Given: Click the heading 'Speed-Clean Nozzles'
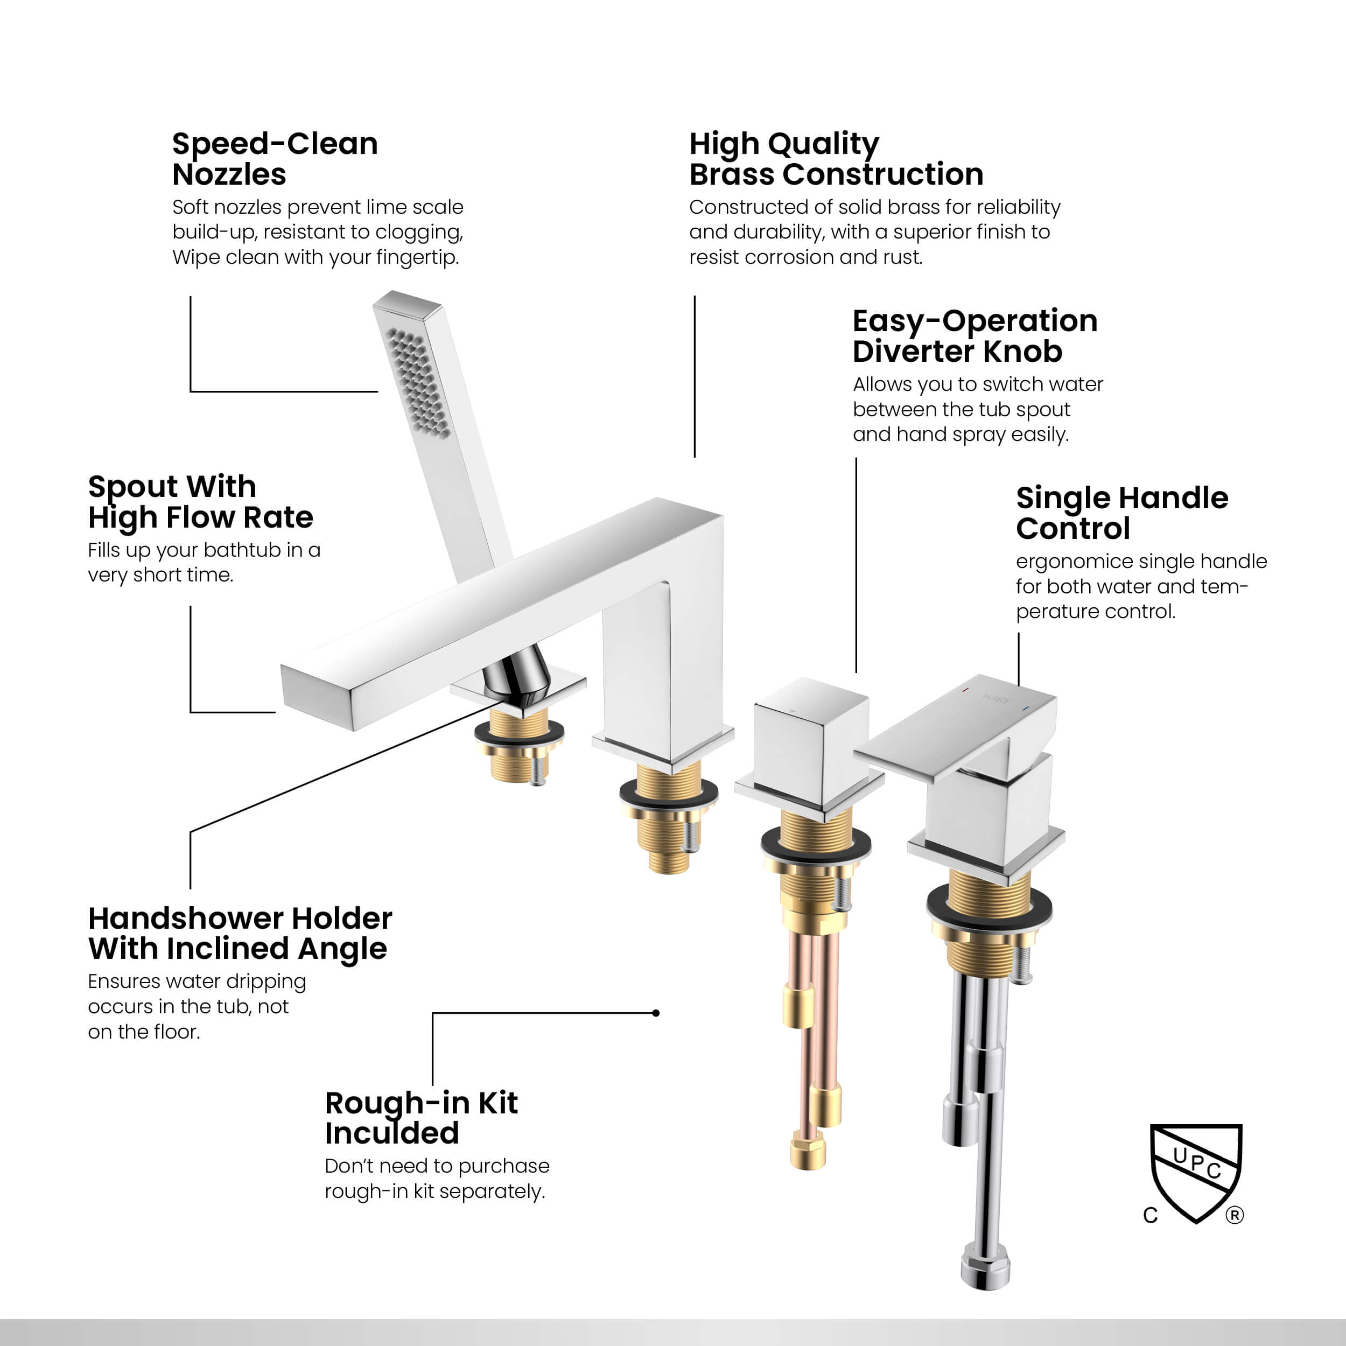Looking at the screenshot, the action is pyautogui.click(x=275, y=159).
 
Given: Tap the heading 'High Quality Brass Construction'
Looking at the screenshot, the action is pyautogui.click(x=836, y=159).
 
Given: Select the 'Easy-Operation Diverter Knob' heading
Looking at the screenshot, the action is pyautogui.click(x=975, y=336).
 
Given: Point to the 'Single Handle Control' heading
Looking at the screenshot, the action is pyautogui.click(x=1121, y=513).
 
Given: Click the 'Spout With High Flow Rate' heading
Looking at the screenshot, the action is pyautogui.click(x=201, y=502).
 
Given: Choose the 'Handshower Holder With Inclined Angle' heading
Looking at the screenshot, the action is pyautogui.click(x=240, y=934).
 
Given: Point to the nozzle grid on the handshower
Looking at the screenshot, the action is pyautogui.click(x=418, y=383).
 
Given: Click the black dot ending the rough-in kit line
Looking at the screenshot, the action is pyautogui.click(x=656, y=1013).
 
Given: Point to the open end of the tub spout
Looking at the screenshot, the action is pyautogui.click(x=317, y=697).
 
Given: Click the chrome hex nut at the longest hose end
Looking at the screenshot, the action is pyautogui.click(x=984, y=1273).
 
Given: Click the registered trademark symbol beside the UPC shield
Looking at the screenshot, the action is pyautogui.click(x=1235, y=1216).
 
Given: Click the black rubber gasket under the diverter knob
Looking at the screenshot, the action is pyautogui.click(x=815, y=844).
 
